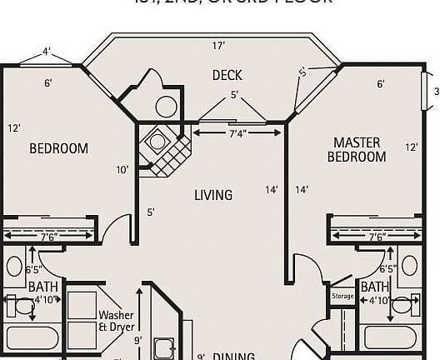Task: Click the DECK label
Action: tap(227, 75)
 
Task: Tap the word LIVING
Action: tap(213, 195)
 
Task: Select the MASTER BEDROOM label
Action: tap(357, 150)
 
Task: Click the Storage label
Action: tap(342, 296)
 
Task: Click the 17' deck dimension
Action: tap(218, 45)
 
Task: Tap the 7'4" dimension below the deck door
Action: tap(237, 133)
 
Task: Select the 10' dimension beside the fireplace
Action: tap(122, 170)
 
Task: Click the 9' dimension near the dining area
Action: tap(137, 339)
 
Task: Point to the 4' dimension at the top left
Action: tap(47, 51)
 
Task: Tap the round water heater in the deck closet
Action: tap(166, 106)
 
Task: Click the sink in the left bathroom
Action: tap(14, 267)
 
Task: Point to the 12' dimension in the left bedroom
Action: tap(14, 128)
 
